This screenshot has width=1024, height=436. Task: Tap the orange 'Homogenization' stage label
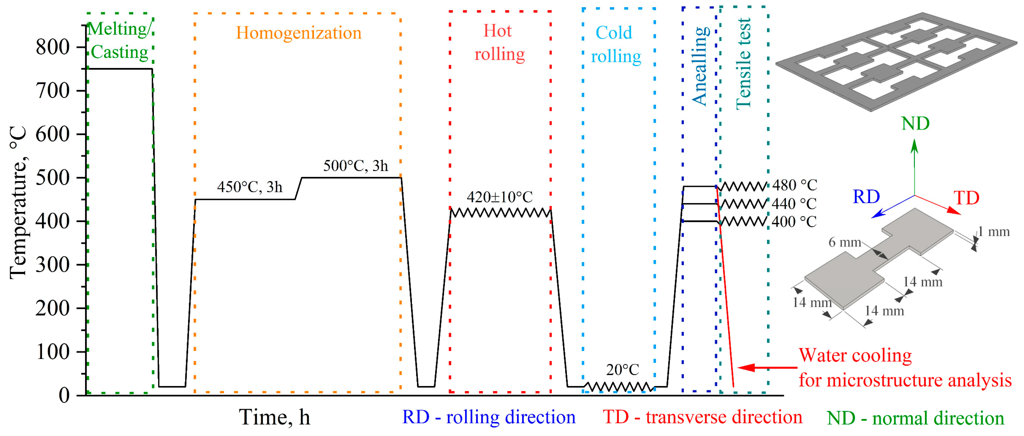click(x=299, y=33)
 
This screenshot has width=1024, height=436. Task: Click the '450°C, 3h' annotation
click(x=250, y=187)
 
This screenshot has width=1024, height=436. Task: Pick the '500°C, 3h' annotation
click(x=355, y=166)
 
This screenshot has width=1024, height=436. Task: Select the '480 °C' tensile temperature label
click(x=794, y=185)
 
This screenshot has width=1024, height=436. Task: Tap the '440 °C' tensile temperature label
click(x=794, y=204)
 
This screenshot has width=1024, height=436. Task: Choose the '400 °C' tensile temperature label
click(x=794, y=222)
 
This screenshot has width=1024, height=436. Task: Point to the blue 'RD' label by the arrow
click(x=867, y=197)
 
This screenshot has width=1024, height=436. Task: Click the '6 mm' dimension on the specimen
click(x=844, y=242)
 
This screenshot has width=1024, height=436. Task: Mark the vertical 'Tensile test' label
click(x=743, y=64)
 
